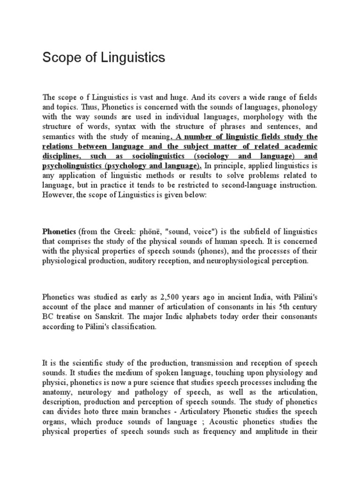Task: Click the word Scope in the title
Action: tap(58, 58)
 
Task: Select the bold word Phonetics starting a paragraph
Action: tap(60, 232)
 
